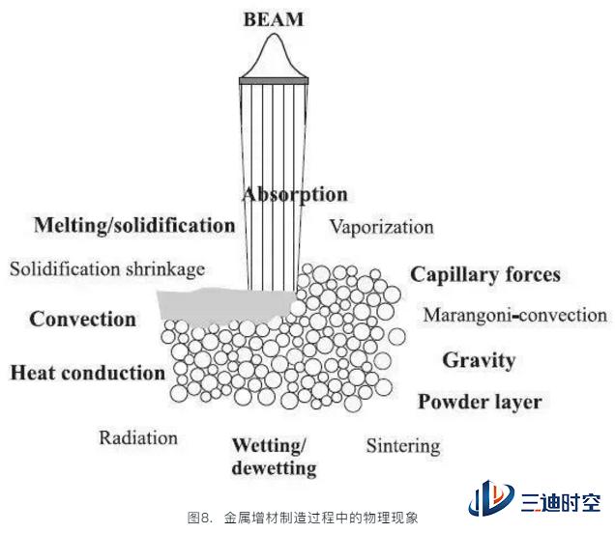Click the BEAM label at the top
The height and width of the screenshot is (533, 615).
(274, 19)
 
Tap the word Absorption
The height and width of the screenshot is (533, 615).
(295, 195)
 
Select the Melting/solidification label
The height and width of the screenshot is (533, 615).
(134, 226)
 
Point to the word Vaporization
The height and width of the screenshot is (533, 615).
(381, 227)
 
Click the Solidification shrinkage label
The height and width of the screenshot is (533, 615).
(107, 269)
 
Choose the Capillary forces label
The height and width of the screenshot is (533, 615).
(485, 275)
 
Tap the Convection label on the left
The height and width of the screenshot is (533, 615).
(82, 319)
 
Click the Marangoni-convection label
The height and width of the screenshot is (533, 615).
(515, 315)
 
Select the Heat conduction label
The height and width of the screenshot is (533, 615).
(87, 373)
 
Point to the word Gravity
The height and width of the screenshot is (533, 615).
(479, 360)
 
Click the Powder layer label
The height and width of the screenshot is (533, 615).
(480, 403)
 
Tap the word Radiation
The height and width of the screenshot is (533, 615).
(138, 437)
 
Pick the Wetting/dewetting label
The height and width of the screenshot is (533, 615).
(274, 457)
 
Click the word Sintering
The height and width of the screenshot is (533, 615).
(403, 446)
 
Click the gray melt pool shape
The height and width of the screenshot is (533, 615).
(223, 305)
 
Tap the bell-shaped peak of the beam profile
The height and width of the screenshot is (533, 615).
(275, 36)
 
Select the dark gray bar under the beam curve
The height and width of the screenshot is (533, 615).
(274, 81)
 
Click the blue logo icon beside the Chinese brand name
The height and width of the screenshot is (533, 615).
(490, 497)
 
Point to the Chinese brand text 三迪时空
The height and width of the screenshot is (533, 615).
(561, 503)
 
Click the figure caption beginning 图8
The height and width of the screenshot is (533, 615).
(303, 518)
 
